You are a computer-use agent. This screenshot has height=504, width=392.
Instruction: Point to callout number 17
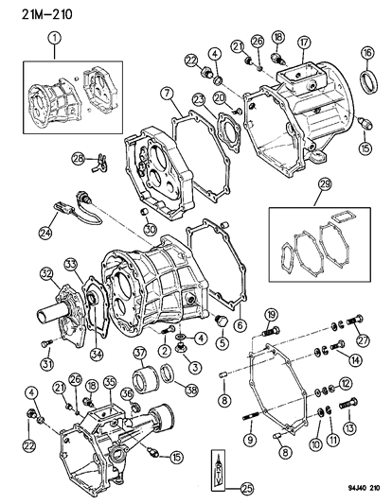tap(303, 42)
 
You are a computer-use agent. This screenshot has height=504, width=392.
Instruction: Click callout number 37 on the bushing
tap(138, 354)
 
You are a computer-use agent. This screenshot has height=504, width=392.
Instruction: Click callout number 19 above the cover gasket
tap(270, 316)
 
